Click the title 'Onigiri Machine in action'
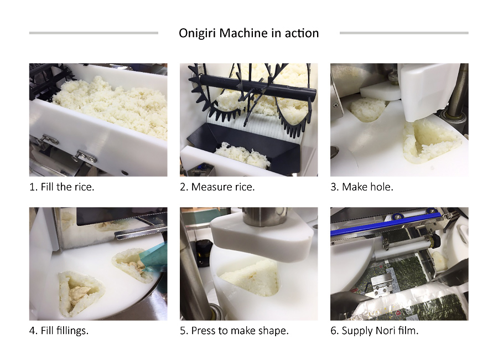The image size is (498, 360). click(x=248, y=33)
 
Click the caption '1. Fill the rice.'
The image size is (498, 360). click(x=61, y=187)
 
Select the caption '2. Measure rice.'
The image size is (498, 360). click(x=217, y=187)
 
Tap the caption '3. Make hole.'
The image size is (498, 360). click(x=362, y=187)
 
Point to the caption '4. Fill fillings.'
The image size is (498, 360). click(x=59, y=331)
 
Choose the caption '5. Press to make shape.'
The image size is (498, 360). click(x=234, y=331)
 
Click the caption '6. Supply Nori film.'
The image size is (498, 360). click(x=375, y=331)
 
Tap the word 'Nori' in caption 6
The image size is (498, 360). click(x=385, y=331)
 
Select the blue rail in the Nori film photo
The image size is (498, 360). click(x=386, y=225)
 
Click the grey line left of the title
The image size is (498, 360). click(x=94, y=33)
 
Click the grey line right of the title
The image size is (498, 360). click(x=404, y=33)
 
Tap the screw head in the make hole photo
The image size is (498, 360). click(x=335, y=105)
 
